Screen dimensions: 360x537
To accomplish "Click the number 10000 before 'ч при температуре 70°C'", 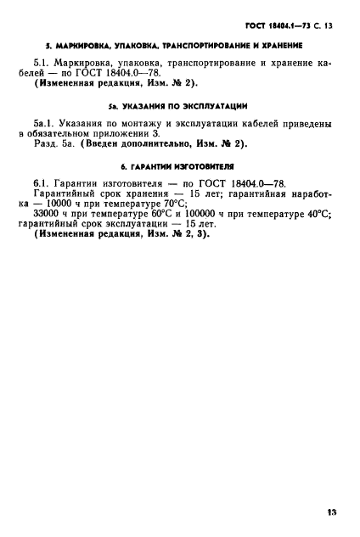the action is pyautogui.click(x=70, y=204).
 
